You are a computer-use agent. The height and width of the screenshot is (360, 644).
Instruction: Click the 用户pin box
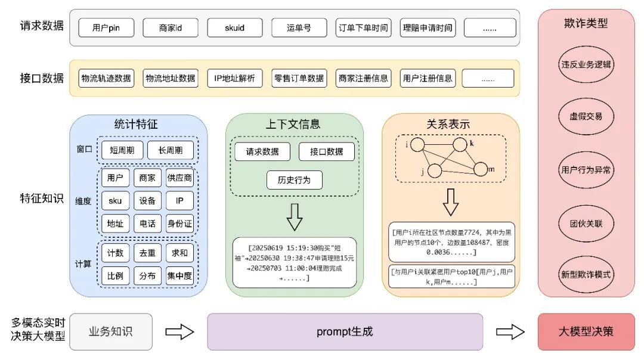[x=106, y=28]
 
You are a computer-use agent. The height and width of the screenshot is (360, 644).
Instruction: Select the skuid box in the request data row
[x=235, y=28]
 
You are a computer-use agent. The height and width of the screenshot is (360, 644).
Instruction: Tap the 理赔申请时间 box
[x=428, y=28]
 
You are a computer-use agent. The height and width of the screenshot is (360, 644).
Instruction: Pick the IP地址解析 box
[x=235, y=78]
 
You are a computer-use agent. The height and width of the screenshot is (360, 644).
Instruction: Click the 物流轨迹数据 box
[x=106, y=78]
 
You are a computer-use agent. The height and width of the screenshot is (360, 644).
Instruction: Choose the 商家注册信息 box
[x=363, y=78]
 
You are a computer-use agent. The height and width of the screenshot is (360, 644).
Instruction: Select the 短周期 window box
[x=122, y=150]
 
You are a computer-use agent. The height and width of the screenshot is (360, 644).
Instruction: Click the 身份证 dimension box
[x=179, y=224]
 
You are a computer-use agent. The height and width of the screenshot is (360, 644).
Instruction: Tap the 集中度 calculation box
[x=179, y=276]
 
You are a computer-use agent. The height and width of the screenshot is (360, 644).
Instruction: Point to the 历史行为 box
[x=295, y=179]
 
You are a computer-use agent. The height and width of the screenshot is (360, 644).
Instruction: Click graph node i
[x=417, y=145]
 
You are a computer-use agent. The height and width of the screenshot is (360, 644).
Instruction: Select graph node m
[x=481, y=169]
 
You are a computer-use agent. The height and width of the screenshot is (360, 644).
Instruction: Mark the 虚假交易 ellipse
[x=586, y=116]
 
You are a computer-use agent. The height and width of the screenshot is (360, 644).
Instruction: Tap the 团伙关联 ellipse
[x=586, y=224]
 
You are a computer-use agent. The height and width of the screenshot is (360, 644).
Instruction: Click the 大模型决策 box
[x=586, y=332]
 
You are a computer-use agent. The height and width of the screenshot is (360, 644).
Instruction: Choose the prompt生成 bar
[x=345, y=332]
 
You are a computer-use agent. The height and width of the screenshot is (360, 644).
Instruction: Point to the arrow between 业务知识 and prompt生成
[x=179, y=332]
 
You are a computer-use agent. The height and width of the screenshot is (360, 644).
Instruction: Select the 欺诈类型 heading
[x=586, y=23]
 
